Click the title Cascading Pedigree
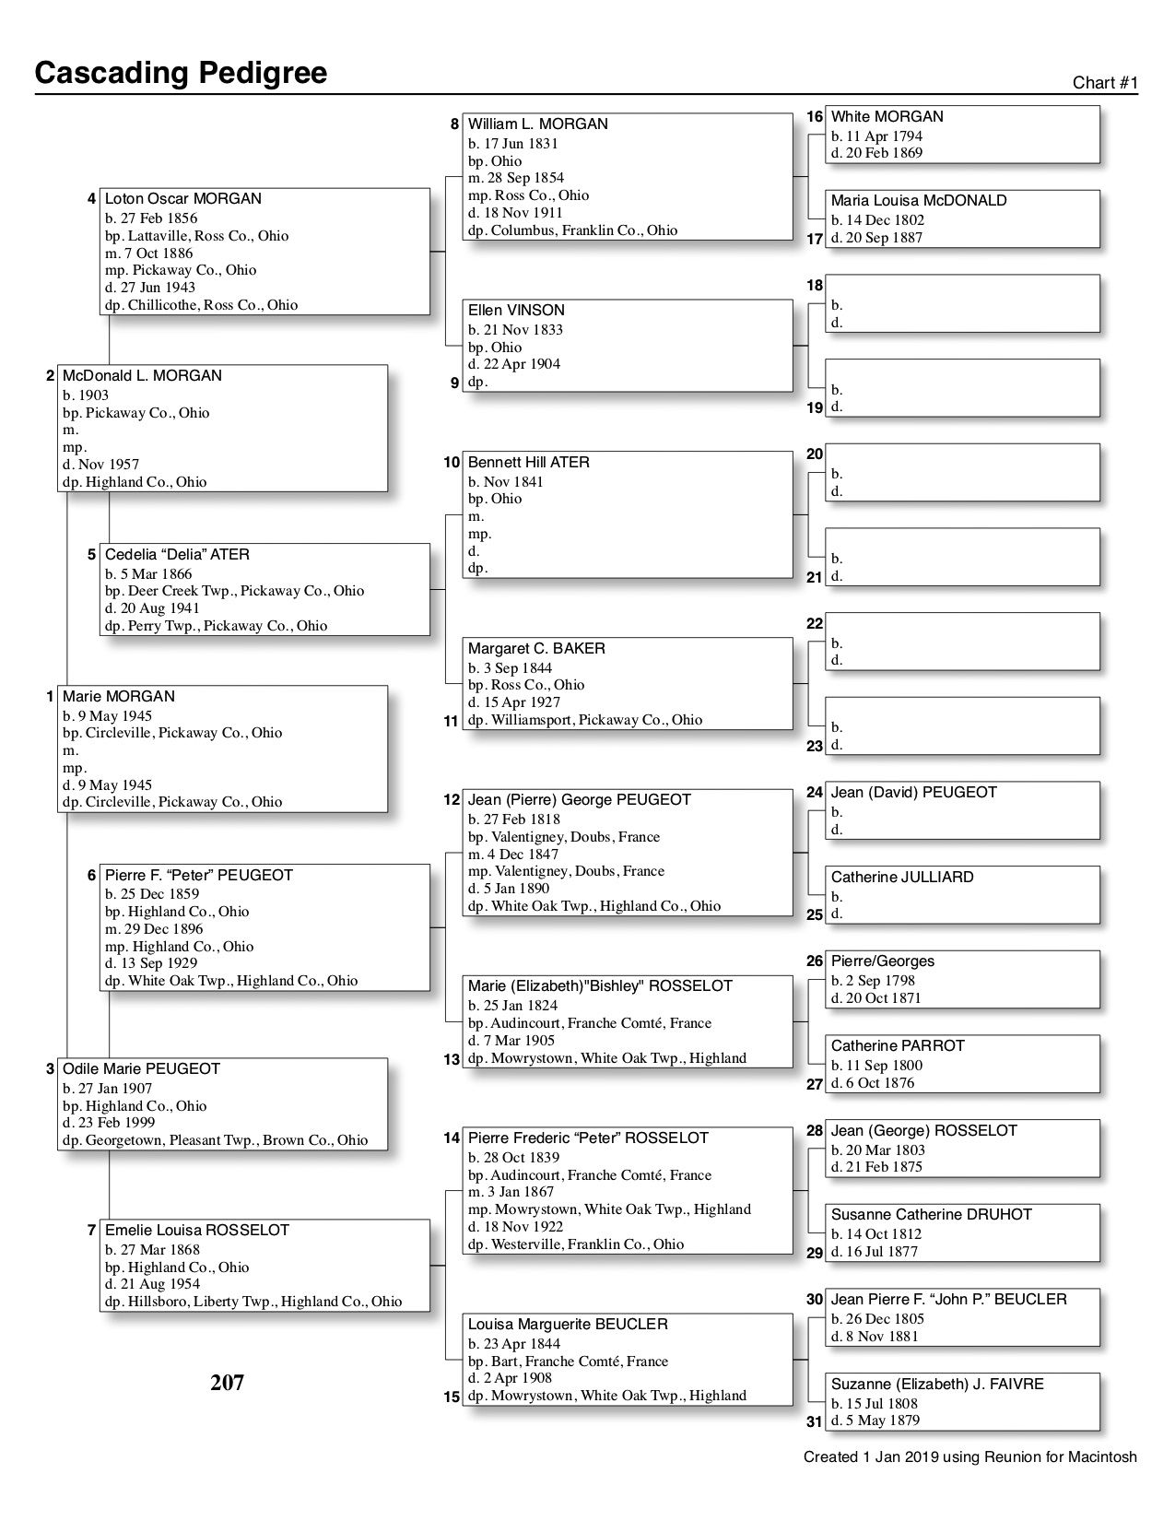coord(181,73)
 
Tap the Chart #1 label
coord(1105,83)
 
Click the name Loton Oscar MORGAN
coord(182,199)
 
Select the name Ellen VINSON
coord(516,311)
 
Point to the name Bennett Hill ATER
coord(528,463)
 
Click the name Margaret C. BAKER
coord(536,649)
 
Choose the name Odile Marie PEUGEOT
coord(141,1069)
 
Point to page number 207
coord(227,1383)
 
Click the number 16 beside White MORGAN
coord(815,117)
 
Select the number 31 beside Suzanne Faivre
coord(815,1421)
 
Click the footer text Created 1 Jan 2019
coord(969,1457)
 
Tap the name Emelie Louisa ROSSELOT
coord(196,1231)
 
